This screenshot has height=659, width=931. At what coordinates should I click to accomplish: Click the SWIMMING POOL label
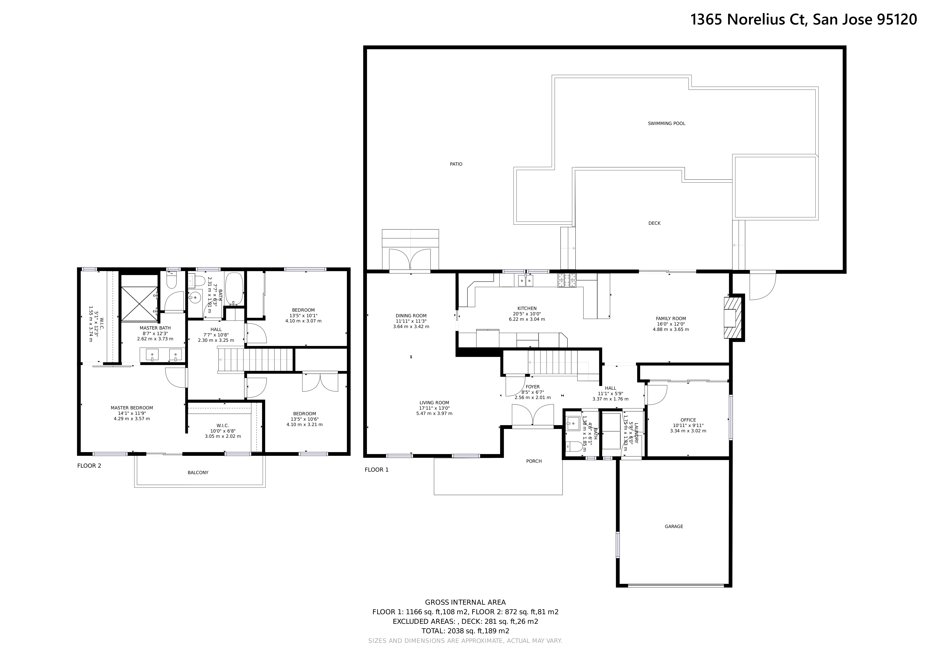tap(666, 123)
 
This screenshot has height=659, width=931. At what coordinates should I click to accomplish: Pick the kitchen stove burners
tap(567, 280)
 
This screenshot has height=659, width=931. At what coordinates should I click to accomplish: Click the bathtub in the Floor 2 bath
tap(234, 289)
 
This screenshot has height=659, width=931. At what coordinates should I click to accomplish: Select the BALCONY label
tap(198, 472)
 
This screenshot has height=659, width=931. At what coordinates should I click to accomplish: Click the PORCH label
tap(534, 461)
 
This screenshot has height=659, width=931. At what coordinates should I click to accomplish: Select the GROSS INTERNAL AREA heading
tap(465, 602)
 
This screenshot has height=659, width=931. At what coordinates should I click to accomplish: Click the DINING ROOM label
tap(411, 316)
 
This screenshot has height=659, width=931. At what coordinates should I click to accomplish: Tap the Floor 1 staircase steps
tap(552, 362)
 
